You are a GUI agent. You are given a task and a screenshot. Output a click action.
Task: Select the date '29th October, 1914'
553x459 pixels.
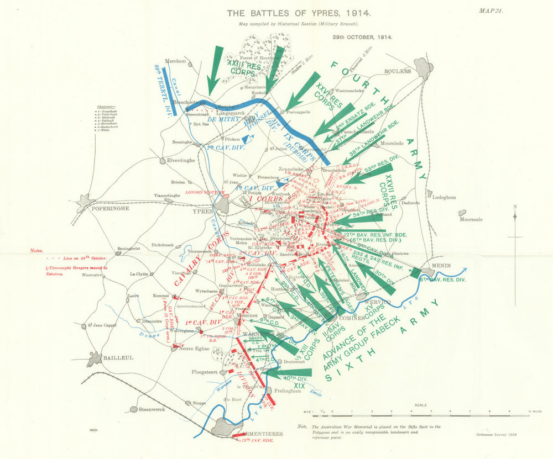click(x=362, y=38)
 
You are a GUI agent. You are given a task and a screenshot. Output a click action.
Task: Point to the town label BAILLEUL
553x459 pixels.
click(x=118, y=358)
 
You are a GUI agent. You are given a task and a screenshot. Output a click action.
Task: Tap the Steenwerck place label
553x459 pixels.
click(x=152, y=409)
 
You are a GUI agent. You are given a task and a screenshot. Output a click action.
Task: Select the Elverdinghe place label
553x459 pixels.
click(x=166, y=162)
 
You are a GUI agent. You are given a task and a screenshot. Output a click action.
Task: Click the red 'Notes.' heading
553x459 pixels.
click(x=36, y=250)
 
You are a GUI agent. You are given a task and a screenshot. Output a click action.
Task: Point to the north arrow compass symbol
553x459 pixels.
click(x=514, y=217)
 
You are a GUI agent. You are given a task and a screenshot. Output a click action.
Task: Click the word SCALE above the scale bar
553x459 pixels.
click(x=420, y=405)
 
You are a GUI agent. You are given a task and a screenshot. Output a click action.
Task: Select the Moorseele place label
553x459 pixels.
click(x=472, y=219)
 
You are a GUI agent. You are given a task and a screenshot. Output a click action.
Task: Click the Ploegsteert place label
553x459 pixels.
click(x=206, y=372)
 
